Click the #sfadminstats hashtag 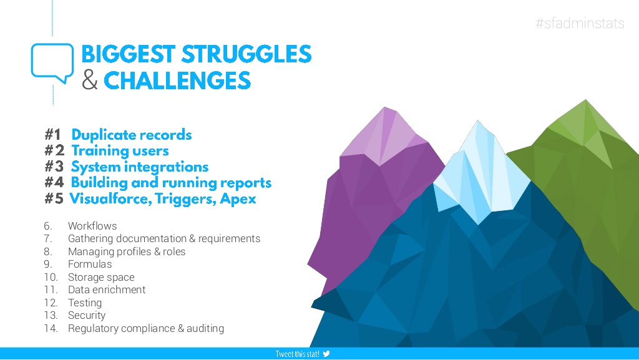click(580, 23)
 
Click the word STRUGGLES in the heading click(246, 54)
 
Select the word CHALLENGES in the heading click(177, 80)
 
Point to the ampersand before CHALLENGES click(90, 80)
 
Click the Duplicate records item click(132, 135)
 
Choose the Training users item click(120, 151)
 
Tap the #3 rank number click(54, 167)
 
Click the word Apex click(238, 199)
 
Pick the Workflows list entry click(92, 226)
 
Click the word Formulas click(90, 265)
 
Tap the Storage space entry click(101, 277)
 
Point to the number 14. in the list click(51, 328)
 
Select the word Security click(87, 316)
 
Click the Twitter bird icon click(326, 354)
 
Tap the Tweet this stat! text click(298, 354)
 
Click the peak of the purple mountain click(384, 107)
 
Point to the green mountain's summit click(586, 100)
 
